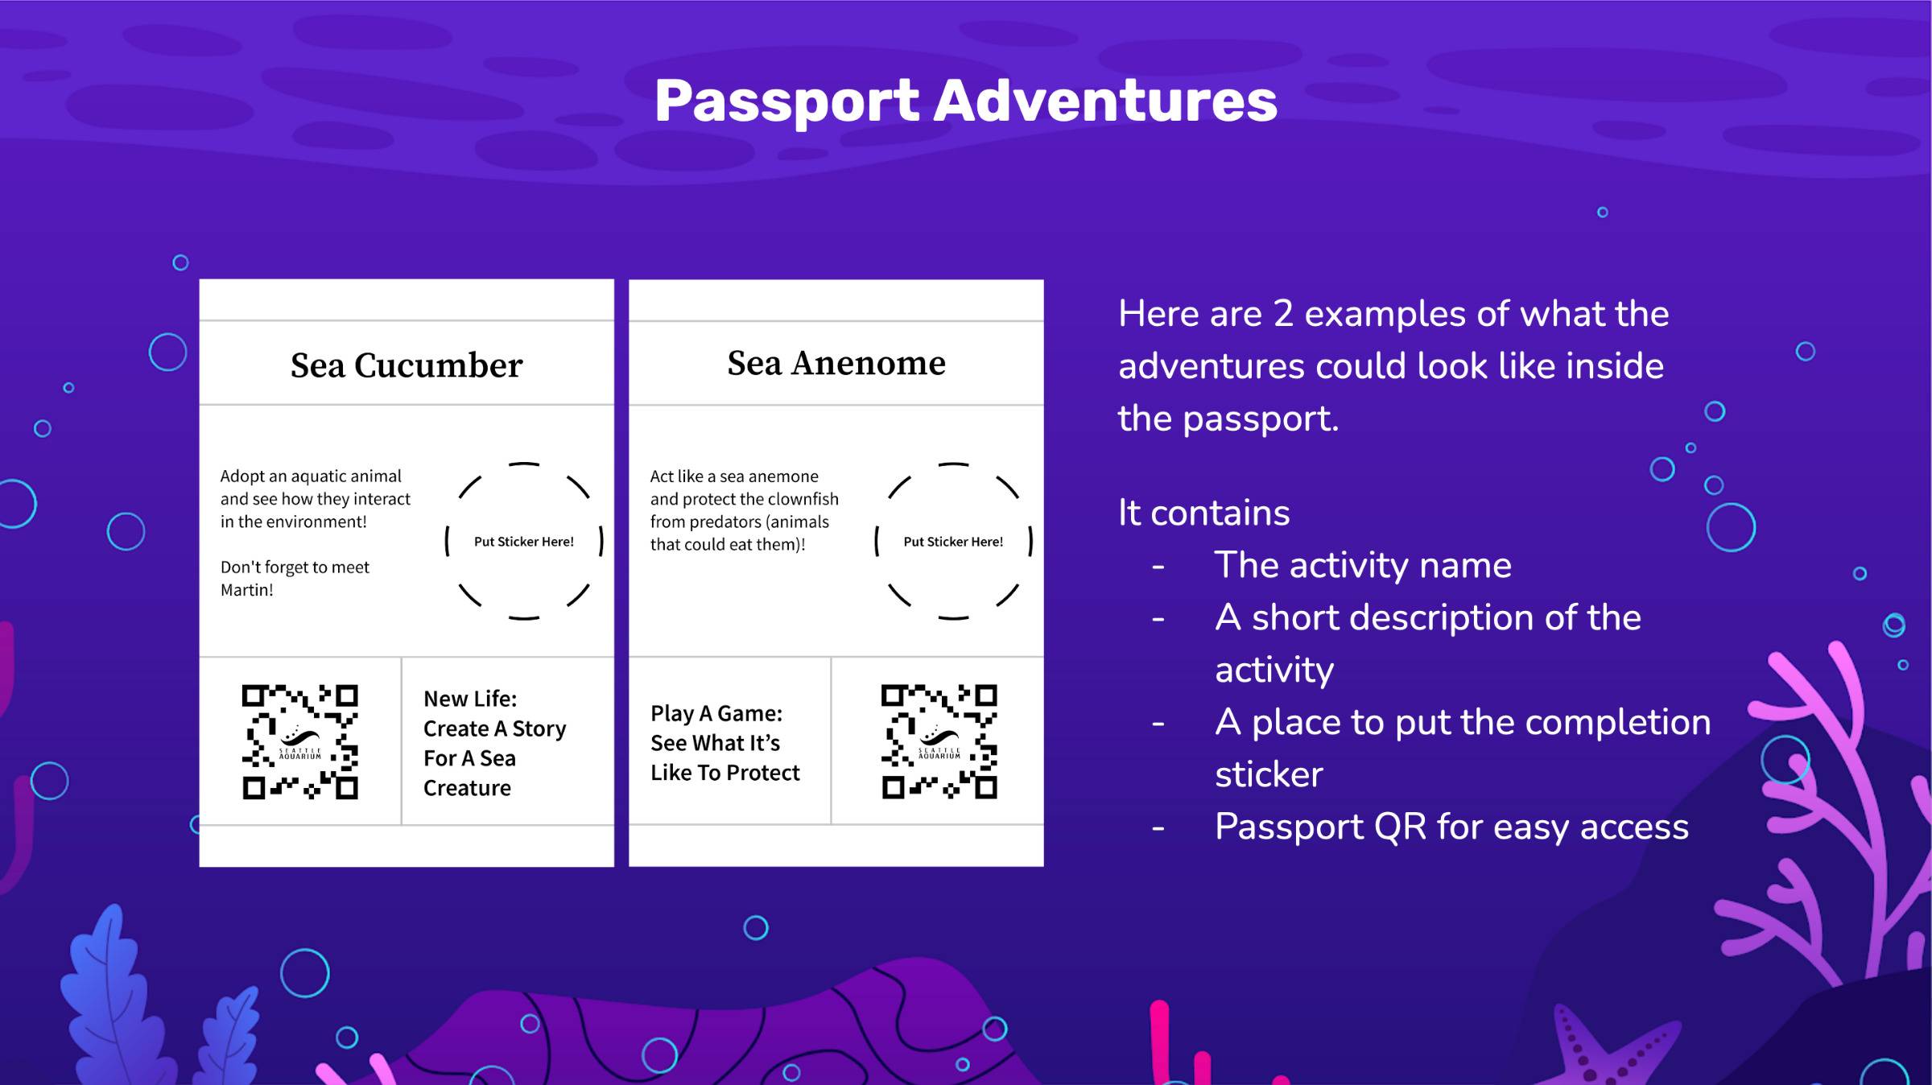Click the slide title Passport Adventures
[x=965, y=101]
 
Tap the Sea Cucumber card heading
[x=407, y=365]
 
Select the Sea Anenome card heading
[x=836, y=363]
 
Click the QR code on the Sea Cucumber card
[x=299, y=741]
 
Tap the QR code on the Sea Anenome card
[x=939, y=741]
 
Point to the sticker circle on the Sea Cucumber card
[x=524, y=541]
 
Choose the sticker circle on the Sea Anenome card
[x=953, y=541]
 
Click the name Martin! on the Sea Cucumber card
[x=247, y=590]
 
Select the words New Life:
[x=470, y=699]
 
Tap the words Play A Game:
[x=716, y=713]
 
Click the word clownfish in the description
[x=802, y=499]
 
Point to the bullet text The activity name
[x=1362, y=565]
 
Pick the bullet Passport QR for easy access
[x=1451, y=827]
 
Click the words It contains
[x=1203, y=513]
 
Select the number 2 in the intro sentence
[x=1283, y=314]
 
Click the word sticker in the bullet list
[x=1269, y=774]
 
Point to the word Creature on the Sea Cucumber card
[x=467, y=788]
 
